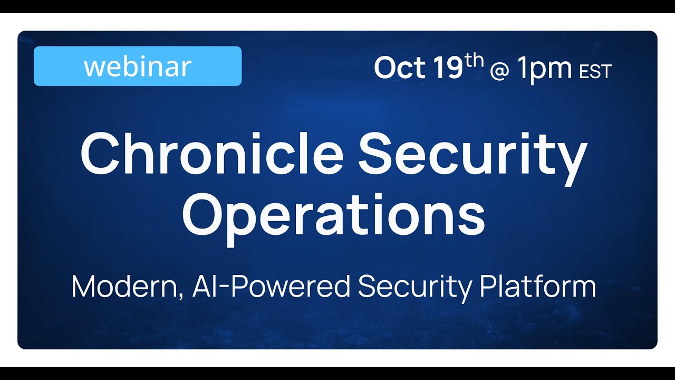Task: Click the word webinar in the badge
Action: point(137,66)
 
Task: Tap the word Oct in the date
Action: point(399,68)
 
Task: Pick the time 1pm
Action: point(544,69)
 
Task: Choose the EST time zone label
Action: point(595,71)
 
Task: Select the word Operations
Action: point(333,214)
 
